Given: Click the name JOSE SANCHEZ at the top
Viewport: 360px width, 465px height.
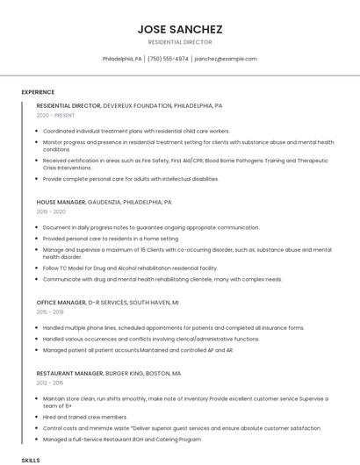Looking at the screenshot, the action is [x=179, y=29].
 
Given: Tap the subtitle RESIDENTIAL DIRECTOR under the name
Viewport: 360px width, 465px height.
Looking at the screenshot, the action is [x=179, y=42].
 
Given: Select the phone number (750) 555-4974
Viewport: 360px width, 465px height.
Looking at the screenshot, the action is [x=168, y=59].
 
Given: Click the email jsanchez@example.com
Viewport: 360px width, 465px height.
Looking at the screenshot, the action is [x=226, y=59].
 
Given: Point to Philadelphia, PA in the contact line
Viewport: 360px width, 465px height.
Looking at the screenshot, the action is [x=122, y=59].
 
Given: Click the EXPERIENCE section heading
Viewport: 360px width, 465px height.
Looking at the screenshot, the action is [x=38, y=92].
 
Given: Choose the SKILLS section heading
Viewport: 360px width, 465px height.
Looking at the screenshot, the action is [x=31, y=460].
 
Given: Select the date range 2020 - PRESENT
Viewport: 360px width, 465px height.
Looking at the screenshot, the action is [x=55, y=116].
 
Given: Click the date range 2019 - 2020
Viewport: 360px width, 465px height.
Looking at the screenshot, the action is [x=51, y=212].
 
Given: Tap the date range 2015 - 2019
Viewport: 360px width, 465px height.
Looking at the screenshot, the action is [x=50, y=311].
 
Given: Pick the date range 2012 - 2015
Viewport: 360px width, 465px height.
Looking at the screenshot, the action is [x=50, y=383].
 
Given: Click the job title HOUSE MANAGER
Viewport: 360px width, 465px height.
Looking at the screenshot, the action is [x=61, y=203].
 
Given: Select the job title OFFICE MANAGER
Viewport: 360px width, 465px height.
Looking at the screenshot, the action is [x=61, y=302].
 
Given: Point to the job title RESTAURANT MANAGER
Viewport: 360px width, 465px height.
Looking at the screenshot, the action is [x=71, y=373].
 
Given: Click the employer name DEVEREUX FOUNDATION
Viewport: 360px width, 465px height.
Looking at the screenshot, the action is [x=137, y=105].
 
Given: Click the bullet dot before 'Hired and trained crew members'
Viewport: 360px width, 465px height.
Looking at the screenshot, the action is [x=39, y=417].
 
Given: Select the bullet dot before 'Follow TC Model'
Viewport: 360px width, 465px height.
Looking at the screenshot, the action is [x=39, y=268].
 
